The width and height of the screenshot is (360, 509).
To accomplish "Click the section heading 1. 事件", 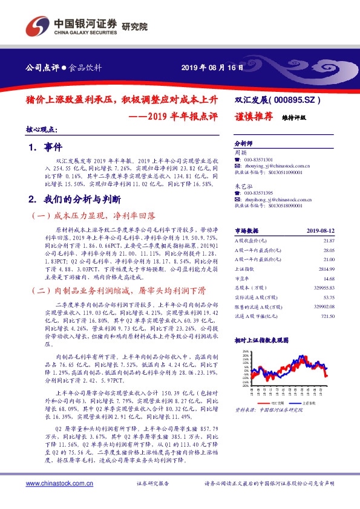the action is point(41,148).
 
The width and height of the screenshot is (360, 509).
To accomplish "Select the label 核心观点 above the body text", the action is point(42,129).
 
